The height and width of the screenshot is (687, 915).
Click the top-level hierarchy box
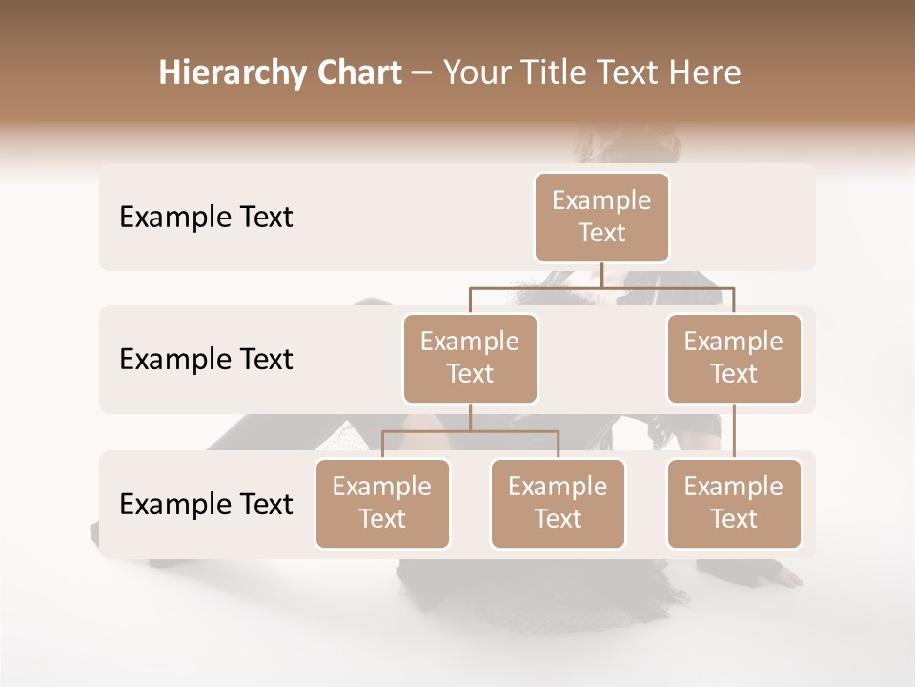tap(601, 218)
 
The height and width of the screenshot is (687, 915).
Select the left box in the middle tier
tap(470, 359)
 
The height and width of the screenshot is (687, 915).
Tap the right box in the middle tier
tap(734, 359)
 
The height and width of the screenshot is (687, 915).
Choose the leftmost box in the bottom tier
tap(382, 504)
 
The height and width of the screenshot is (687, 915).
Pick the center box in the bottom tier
tap(558, 504)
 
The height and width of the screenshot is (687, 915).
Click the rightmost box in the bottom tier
tap(734, 504)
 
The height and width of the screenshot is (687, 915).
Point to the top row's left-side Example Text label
tap(206, 218)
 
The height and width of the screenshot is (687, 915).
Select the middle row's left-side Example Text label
tap(206, 360)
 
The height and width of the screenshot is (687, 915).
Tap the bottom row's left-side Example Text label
tap(206, 505)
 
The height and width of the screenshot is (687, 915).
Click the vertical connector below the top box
tap(601, 275)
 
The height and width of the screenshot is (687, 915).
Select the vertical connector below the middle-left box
tap(470, 417)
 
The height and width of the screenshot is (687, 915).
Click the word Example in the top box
tap(601, 200)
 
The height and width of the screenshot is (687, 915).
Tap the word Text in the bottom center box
tap(558, 519)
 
